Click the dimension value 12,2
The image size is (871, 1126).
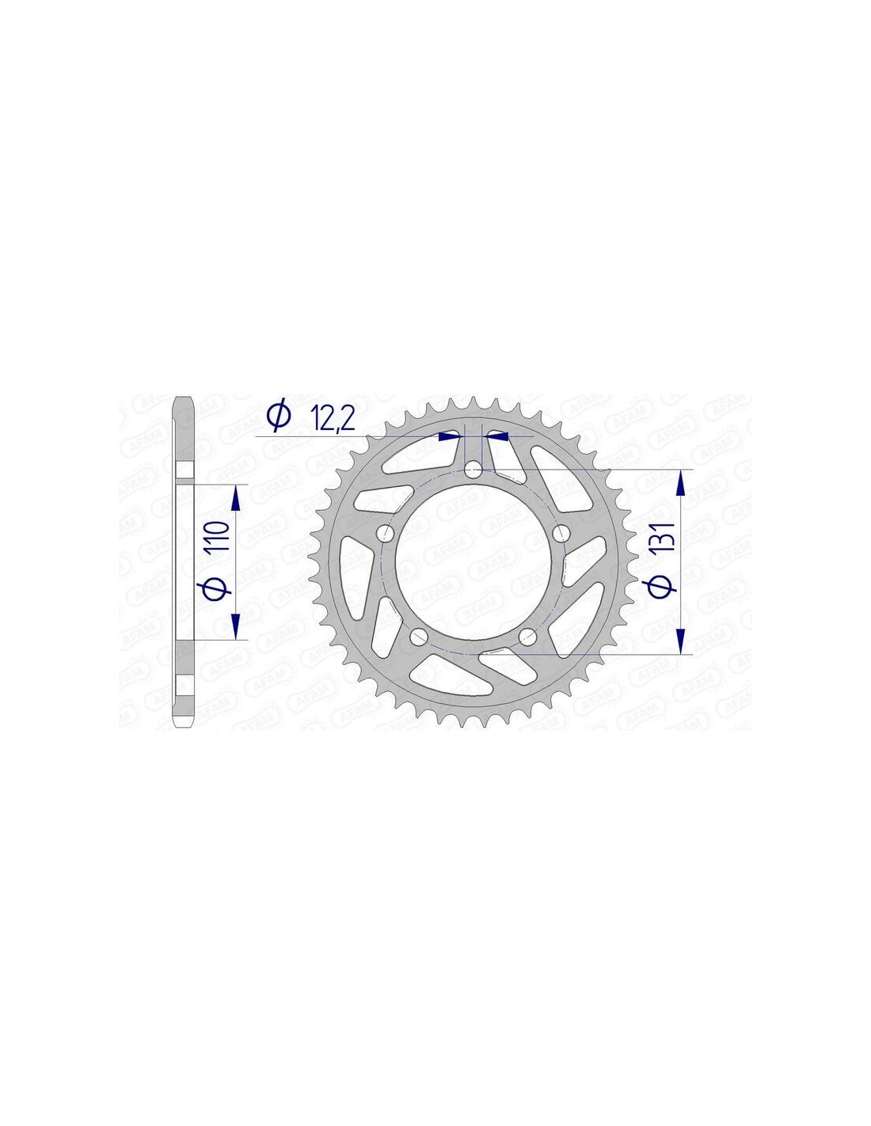pyautogui.click(x=333, y=419)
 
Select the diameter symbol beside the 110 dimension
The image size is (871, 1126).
pyautogui.click(x=218, y=586)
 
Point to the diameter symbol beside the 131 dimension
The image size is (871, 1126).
pyautogui.click(x=664, y=585)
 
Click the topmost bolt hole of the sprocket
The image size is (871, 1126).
pyautogui.click(x=473, y=470)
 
